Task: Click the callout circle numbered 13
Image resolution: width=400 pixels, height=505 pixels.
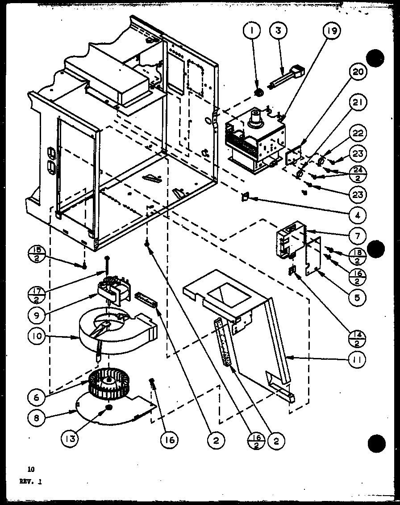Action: pyautogui.click(x=71, y=439)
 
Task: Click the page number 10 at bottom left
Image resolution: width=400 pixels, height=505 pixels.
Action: pyautogui.click(x=30, y=469)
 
